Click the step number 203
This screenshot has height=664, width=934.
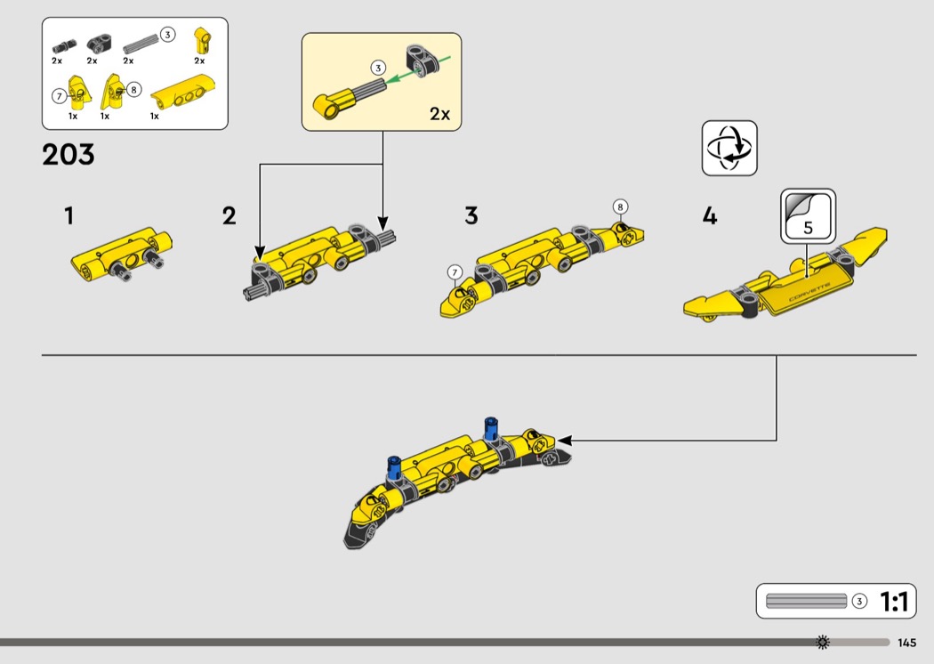pyautogui.click(x=68, y=154)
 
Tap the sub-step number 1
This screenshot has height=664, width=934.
pyautogui.click(x=69, y=215)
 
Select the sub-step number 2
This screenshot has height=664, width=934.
pyautogui.click(x=229, y=215)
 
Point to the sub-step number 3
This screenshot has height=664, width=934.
pyautogui.click(x=471, y=215)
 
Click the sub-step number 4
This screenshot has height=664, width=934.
pyautogui.click(x=710, y=215)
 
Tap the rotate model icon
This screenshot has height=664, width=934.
pyautogui.click(x=729, y=149)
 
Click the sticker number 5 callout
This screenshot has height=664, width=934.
pyautogui.click(x=808, y=216)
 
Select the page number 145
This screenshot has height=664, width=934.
pyautogui.click(x=906, y=643)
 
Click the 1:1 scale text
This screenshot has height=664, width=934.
pyautogui.click(x=894, y=602)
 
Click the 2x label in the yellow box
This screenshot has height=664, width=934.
pyautogui.click(x=439, y=113)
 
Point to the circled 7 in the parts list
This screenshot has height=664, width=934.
pyautogui.click(x=59, y=96)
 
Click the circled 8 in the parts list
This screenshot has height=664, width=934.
pyautogui.click(x=134, y=89)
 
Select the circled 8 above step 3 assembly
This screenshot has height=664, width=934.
pyautogui.click(x=620, y=206)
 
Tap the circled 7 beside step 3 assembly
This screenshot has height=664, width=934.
pyautogui.click(x=455, y=272)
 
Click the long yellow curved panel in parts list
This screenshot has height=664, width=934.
pyautogui.click(x=182, y=92)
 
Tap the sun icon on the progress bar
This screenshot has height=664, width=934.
pyautogui.click(x=823, y=642)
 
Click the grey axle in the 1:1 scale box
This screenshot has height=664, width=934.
pyautogui.click(x=806, y=601)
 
